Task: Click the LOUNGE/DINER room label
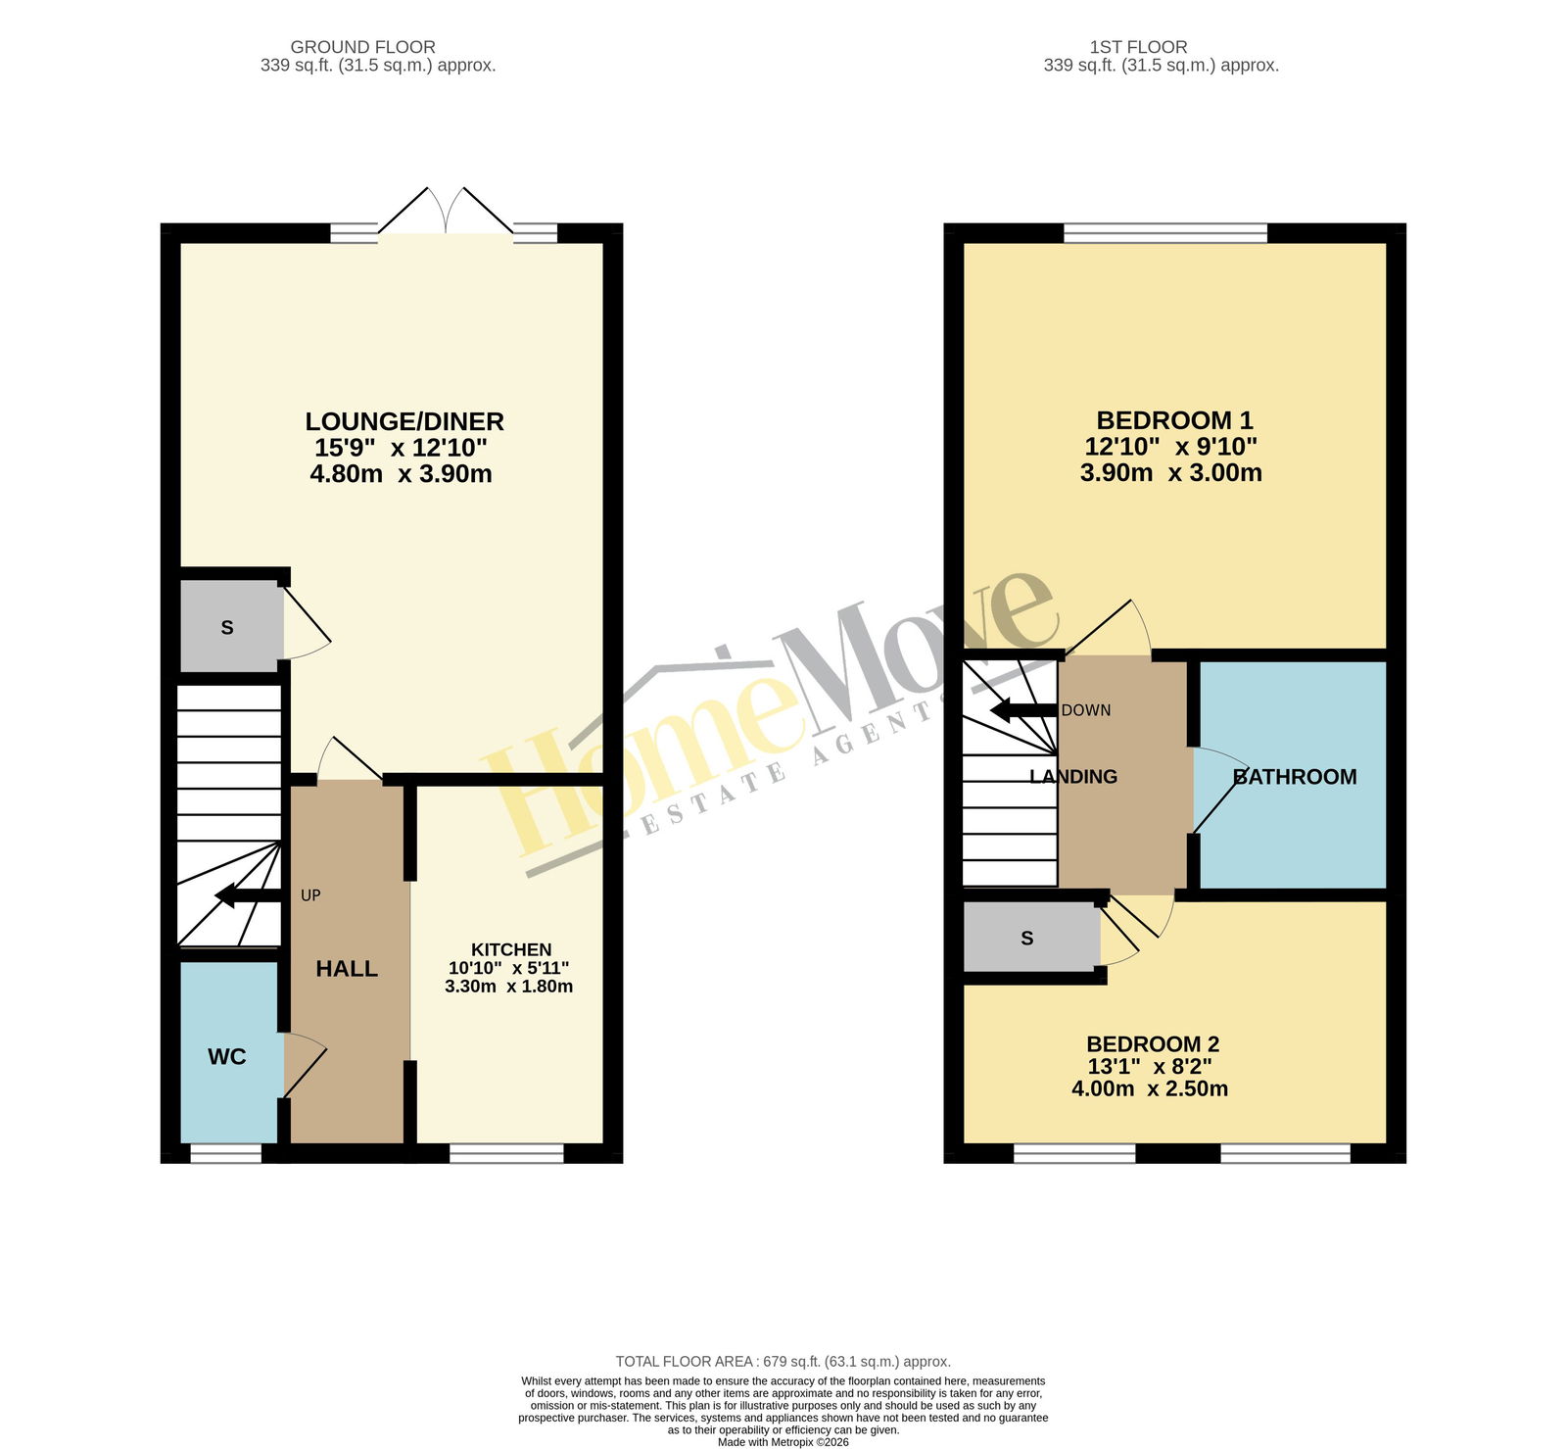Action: (x=404, y=421)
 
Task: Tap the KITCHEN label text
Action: (x=511, y=949)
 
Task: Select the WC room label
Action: (x=226, y=1056)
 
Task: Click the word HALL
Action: (x=347, y=969)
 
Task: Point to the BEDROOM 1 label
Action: (x=1174, y=420)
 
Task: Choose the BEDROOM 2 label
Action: (x=1153, y=1044)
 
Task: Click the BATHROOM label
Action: (x=1295, y=777)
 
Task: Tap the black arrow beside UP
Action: (x=249, y=894)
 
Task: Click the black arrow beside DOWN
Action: (x=1023, y=710)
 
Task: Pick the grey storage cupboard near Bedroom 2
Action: (x=1031, y=938)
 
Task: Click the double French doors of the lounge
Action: (x=446, y=211)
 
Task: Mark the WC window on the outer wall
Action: (x=226, y=1153)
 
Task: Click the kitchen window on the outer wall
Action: (x=506, y=1153)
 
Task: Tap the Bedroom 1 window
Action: (x=1165, y=233)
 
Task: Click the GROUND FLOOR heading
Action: (x=363, y=47)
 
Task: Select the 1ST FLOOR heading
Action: (x=1138, y=47)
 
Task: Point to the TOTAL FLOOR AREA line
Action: (x=783, y=1361)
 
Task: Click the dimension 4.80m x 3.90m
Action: (x=401, y=474)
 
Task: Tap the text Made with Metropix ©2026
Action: (x=783, y=1442)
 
